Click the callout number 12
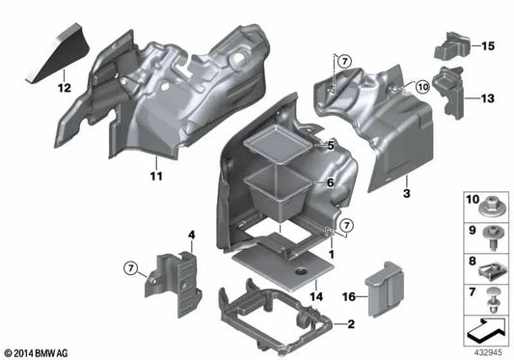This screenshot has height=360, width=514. coord(65,89)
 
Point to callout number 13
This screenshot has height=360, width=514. coord(487,98)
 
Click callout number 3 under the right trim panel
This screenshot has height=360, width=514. coord(406,194)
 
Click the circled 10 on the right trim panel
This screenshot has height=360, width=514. coord(422,88)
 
